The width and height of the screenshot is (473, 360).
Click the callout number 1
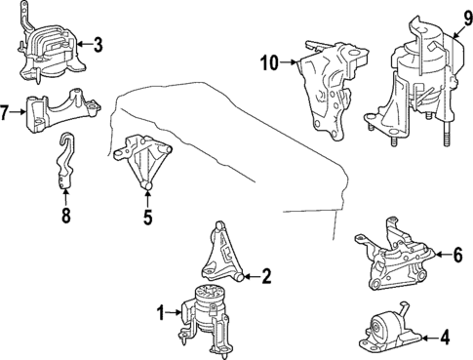coord(161,314)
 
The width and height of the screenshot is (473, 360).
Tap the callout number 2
coord(266,276)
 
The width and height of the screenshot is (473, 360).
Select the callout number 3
coord(98,45)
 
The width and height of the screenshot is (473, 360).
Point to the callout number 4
coord(445,338)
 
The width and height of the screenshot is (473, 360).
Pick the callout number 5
coord(147,218)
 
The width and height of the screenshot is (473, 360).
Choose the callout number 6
coord(457,255)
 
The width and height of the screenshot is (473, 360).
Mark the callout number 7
coord(4,113)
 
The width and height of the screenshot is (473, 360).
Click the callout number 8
coord(66,216)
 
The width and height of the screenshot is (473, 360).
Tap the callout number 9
coord(467,19)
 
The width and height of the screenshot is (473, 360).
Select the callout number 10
coord(270,62)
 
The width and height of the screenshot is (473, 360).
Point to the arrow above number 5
coord(147,200)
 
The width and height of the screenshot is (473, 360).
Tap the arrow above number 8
coord(66,198)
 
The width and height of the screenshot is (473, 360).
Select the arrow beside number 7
coord(18,112)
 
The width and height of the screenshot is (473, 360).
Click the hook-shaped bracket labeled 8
coord(65,160)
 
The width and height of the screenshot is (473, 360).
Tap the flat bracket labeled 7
coord(62,109)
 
